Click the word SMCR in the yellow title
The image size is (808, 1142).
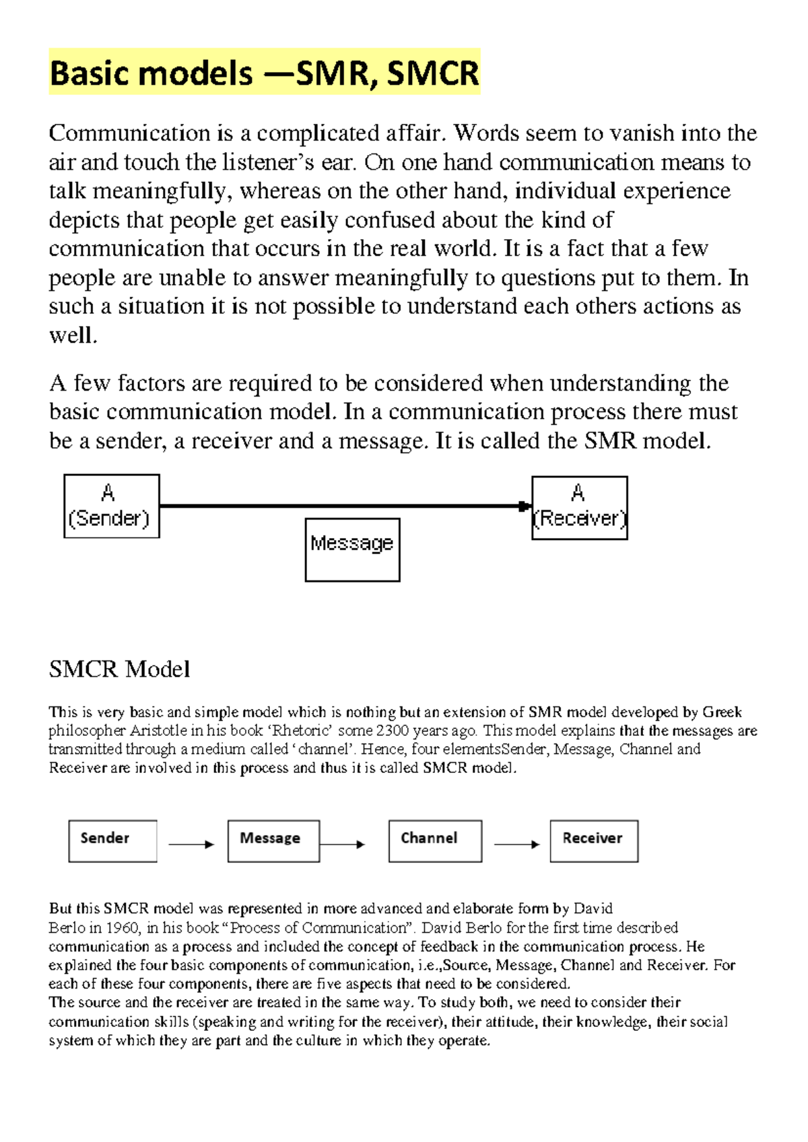(x=433, y=73)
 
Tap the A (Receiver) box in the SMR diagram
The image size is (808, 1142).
(x=580, y=508)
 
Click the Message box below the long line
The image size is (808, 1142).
(x=352, y=549)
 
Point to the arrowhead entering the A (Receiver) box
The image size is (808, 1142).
(x=525, y=506)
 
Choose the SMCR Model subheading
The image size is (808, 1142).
(x=119, y=669)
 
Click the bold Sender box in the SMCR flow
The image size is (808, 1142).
(x=112, y=840)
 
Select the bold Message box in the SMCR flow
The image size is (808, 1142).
(x=273, y=840)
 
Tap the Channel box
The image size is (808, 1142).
(x=435, y=840)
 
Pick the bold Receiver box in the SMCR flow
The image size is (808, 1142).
(x=594, y=840)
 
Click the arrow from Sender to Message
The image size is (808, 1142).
(x=191, y=844)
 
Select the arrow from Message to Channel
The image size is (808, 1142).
(x=342, y=844)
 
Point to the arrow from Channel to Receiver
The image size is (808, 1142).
(x=516, y=844)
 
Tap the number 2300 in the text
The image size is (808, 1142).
(x=393, y=731)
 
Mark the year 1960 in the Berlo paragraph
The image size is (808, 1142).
(x=122, y=928)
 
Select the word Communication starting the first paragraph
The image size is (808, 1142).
(x=129, y=133)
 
